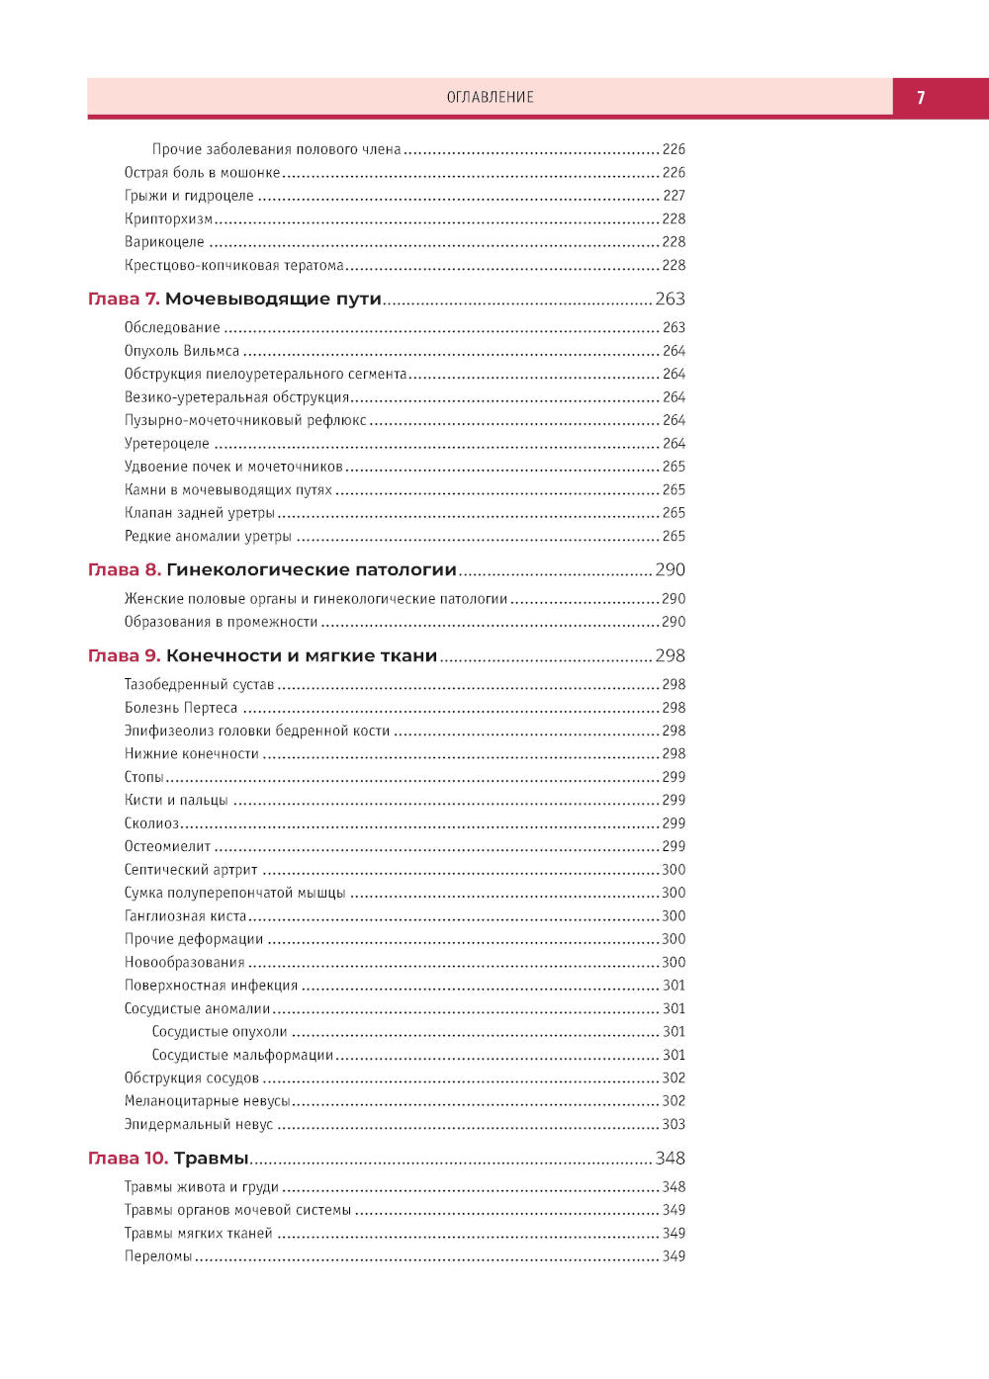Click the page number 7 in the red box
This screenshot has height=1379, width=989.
[x=921, y=97]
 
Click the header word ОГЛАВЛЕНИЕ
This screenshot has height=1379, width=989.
[x=490, y=97]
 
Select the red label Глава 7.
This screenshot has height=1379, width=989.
[x=124, y=299]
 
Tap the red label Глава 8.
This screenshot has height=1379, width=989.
[x=124, y=569]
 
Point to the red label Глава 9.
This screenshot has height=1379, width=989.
[x=124, y=655]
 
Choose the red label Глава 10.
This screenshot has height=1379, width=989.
[x=128, y=1158]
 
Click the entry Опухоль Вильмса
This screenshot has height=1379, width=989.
[x=182, y=351]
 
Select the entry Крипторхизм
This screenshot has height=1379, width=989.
[x=168, y=218]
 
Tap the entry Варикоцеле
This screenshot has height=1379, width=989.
[x=164, y=241]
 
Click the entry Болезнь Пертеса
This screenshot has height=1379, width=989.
[x=181, y=708]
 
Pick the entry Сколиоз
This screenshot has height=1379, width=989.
[x=151, y=823]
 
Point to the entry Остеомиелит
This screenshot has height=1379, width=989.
[x=167, y=846]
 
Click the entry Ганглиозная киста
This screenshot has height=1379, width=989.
[x=185, y=915]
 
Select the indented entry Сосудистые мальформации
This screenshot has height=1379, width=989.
[x=242, y=1055]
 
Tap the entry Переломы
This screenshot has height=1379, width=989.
[x=158, y=1256]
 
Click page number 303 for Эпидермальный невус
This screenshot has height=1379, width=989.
[x=674, y=1124]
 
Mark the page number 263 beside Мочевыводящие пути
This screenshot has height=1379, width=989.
[x=670, y=299]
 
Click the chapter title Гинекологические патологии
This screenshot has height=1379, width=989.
[x=312, y=569]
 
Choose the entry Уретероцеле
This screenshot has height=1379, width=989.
[x=166, y=444]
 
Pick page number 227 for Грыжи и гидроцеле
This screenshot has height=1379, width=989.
[x=674, y=196]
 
